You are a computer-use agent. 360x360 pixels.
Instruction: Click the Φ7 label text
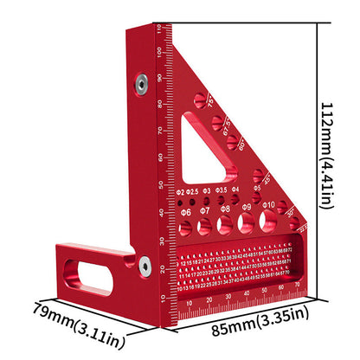204,210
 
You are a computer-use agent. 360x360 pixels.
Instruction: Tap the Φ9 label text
246,208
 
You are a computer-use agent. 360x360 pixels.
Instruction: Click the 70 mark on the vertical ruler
161,132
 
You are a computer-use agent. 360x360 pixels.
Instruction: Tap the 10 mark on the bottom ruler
190,303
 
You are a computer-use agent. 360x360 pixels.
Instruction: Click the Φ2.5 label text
192,191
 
